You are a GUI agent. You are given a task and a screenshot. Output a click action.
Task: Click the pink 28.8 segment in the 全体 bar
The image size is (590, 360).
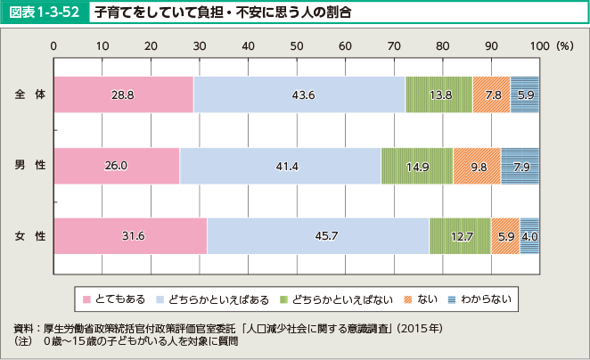[123, 94]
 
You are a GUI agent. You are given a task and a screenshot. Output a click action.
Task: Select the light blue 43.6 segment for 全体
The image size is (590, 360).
[299, 94]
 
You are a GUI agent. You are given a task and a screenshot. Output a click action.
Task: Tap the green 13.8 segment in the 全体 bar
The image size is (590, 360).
[438, 94]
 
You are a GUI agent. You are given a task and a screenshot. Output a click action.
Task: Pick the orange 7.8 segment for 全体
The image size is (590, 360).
[491, 94]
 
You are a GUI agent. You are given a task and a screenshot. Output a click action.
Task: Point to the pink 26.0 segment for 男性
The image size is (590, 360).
[117, 166]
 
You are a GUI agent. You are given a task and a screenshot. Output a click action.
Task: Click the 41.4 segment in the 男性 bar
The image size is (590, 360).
[280, 166]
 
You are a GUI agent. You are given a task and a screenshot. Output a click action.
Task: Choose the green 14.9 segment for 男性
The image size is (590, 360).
[416, 166]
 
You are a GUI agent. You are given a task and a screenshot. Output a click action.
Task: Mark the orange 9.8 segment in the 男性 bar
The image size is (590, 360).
[477, 166]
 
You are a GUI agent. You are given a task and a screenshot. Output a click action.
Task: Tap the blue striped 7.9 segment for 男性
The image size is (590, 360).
[520, 166]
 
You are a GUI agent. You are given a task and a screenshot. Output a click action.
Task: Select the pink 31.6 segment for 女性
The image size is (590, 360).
[130, 236]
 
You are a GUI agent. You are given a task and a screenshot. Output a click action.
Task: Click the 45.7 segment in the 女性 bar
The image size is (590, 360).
[317, 236]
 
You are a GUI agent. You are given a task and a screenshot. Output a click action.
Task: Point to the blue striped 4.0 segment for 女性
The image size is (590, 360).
[529, 236]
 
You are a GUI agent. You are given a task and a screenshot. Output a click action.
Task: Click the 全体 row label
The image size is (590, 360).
[29, 94]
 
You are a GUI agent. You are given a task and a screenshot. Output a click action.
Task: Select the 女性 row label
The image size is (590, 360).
[29, 236]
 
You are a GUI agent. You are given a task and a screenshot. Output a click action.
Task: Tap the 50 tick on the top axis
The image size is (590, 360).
[296, 45]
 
